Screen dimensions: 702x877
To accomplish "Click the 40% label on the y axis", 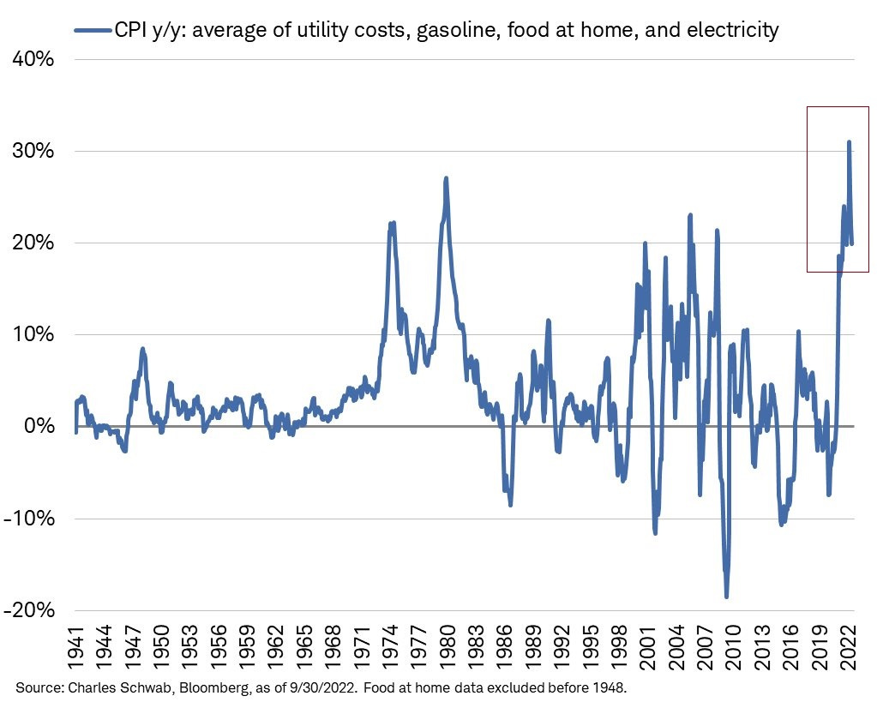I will [33, 61].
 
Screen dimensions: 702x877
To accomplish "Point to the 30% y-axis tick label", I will [33, 152].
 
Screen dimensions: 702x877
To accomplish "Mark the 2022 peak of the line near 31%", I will [849, 142].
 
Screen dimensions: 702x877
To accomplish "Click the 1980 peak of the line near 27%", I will [446, 179].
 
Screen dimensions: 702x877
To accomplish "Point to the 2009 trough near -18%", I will [726, 596].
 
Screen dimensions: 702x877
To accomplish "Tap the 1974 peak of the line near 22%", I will [392, 224].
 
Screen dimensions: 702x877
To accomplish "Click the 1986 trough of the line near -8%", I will [510, 504].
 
